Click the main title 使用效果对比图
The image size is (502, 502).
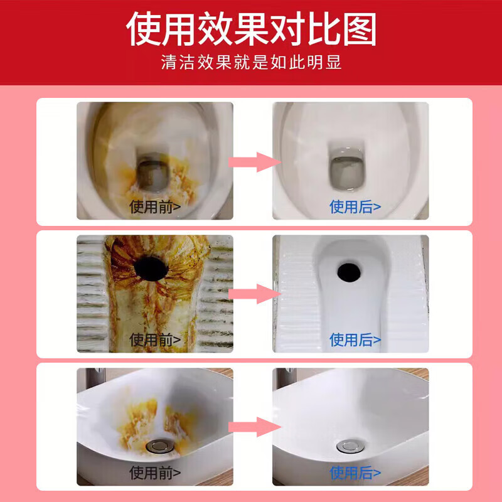tap(251, 29)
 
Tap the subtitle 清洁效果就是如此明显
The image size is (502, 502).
tap(251, 63)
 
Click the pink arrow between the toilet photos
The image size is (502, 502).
tap(253, 162)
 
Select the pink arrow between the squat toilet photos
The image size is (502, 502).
tap(253, 293)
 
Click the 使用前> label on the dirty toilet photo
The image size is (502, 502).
tap(155, 206)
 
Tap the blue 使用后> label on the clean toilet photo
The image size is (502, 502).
tap(355, 206)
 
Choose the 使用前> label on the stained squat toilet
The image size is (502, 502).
tap(155, 339)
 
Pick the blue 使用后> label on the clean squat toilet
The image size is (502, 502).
tap(355, 339)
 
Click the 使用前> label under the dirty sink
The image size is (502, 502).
tap(155, 472)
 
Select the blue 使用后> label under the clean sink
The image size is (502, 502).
tap(355, 472)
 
